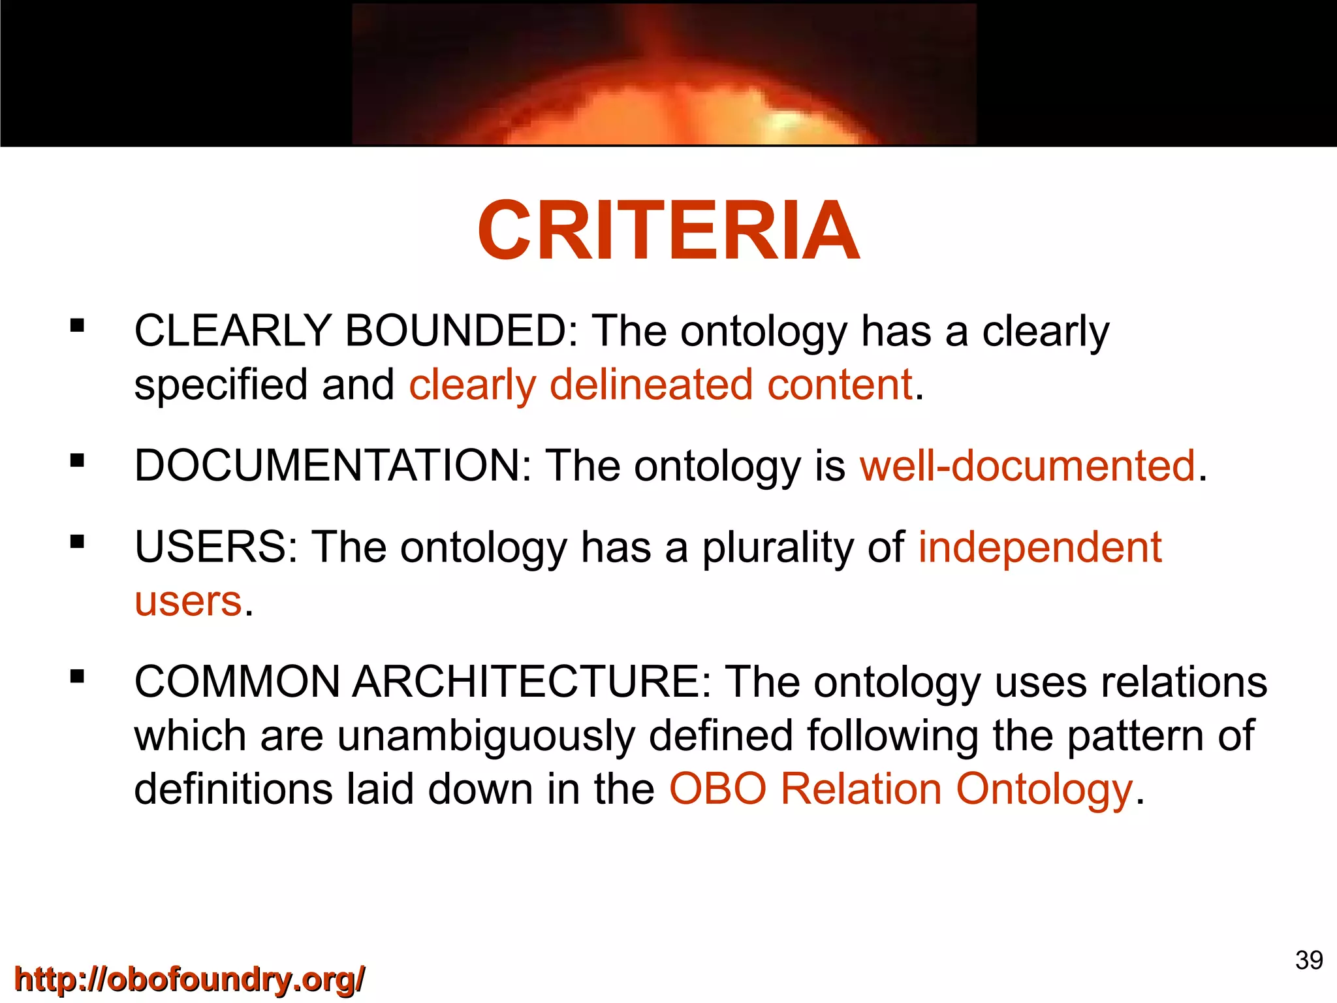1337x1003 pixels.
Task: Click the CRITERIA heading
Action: pos(668,232)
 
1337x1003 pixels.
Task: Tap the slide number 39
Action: pos(1309,960)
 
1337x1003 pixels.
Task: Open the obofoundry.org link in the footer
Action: pos(189,979)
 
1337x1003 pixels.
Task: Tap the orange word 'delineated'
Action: pos(651,385)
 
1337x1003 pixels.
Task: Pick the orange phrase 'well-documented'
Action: pos(1028,466)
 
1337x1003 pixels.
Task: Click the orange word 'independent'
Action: pos(1040,547)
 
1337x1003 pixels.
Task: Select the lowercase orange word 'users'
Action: pos(188,601)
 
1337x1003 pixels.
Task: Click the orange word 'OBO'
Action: pos(717,789)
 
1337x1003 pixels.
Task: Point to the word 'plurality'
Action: pos(778,547)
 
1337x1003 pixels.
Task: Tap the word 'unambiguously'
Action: pos(486,736)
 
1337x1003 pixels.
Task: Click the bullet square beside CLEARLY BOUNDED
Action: pos(78,325)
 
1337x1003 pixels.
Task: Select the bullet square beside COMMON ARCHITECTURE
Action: pos(78,677)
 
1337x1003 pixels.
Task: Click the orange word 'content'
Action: pos(839,385)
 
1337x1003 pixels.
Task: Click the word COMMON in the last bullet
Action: pos(237,682)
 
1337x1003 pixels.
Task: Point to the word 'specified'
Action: pos(221,385)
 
